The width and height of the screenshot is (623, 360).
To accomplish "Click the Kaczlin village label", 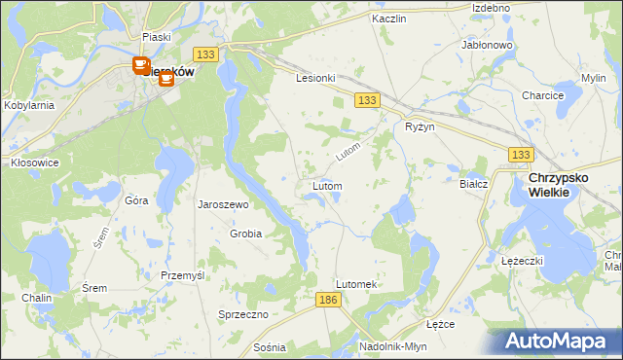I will (x=388, y=18).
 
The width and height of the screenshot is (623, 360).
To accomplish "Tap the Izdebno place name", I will (x=491, y=8).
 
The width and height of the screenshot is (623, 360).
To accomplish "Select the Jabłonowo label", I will (x=488, y=45).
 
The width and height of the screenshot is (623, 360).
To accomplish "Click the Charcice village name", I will (x=542, y=95).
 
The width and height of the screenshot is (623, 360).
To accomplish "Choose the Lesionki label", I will (x=315, y=78).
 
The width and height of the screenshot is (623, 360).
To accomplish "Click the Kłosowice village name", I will (x=34, y=162).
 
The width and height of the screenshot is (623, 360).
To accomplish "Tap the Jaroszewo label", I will (x=224, y=205).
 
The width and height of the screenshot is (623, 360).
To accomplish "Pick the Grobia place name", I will (x=245, y=234).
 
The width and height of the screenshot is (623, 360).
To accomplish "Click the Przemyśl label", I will (x=182, y=275).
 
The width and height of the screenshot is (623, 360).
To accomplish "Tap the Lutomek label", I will (x=355, y=284).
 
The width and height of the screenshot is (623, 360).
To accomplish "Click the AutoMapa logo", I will (x=557, y=341).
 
